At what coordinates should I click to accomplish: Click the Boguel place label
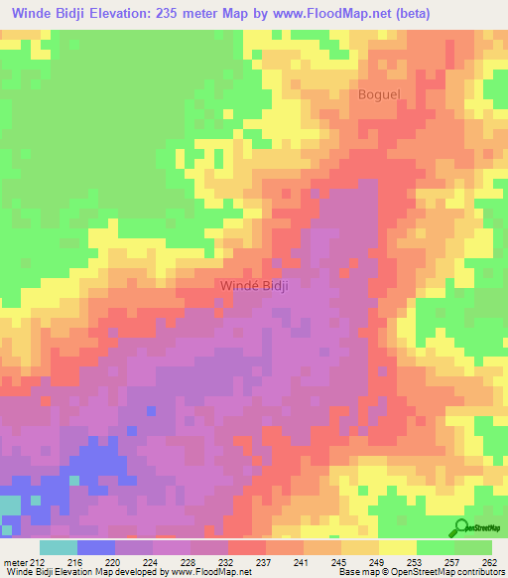(379, 94)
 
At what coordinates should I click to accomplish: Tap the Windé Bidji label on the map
(253, 285)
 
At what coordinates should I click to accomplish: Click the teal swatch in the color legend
(58, 547)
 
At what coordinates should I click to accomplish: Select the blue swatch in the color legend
(95, 547)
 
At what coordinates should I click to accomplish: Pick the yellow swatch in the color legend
(397, 547)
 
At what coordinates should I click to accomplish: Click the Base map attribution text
(362, 573)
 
